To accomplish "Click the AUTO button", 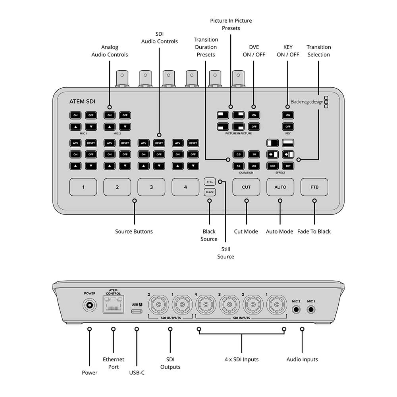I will click(280, 187).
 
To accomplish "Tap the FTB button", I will click(314, 187).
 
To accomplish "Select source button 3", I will click(151, 187).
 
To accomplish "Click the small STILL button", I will click(210, 182).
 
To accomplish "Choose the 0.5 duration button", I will click(238, 154).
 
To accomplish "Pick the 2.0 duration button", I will click(254, 165).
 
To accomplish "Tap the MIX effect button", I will click(273, 165).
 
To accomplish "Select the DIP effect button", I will click(288, 165).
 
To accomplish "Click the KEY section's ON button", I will click(288, 115).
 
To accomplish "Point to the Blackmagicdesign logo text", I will click(306, 102).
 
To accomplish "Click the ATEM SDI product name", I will click(82, 102).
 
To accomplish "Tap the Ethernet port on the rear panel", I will click(114, 306).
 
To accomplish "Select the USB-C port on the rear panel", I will click(137, 311).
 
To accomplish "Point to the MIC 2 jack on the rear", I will click(296, 309).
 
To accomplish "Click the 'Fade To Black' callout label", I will click(314, 231).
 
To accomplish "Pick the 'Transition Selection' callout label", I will click(318, 51).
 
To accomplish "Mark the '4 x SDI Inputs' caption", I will click(241, 359).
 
